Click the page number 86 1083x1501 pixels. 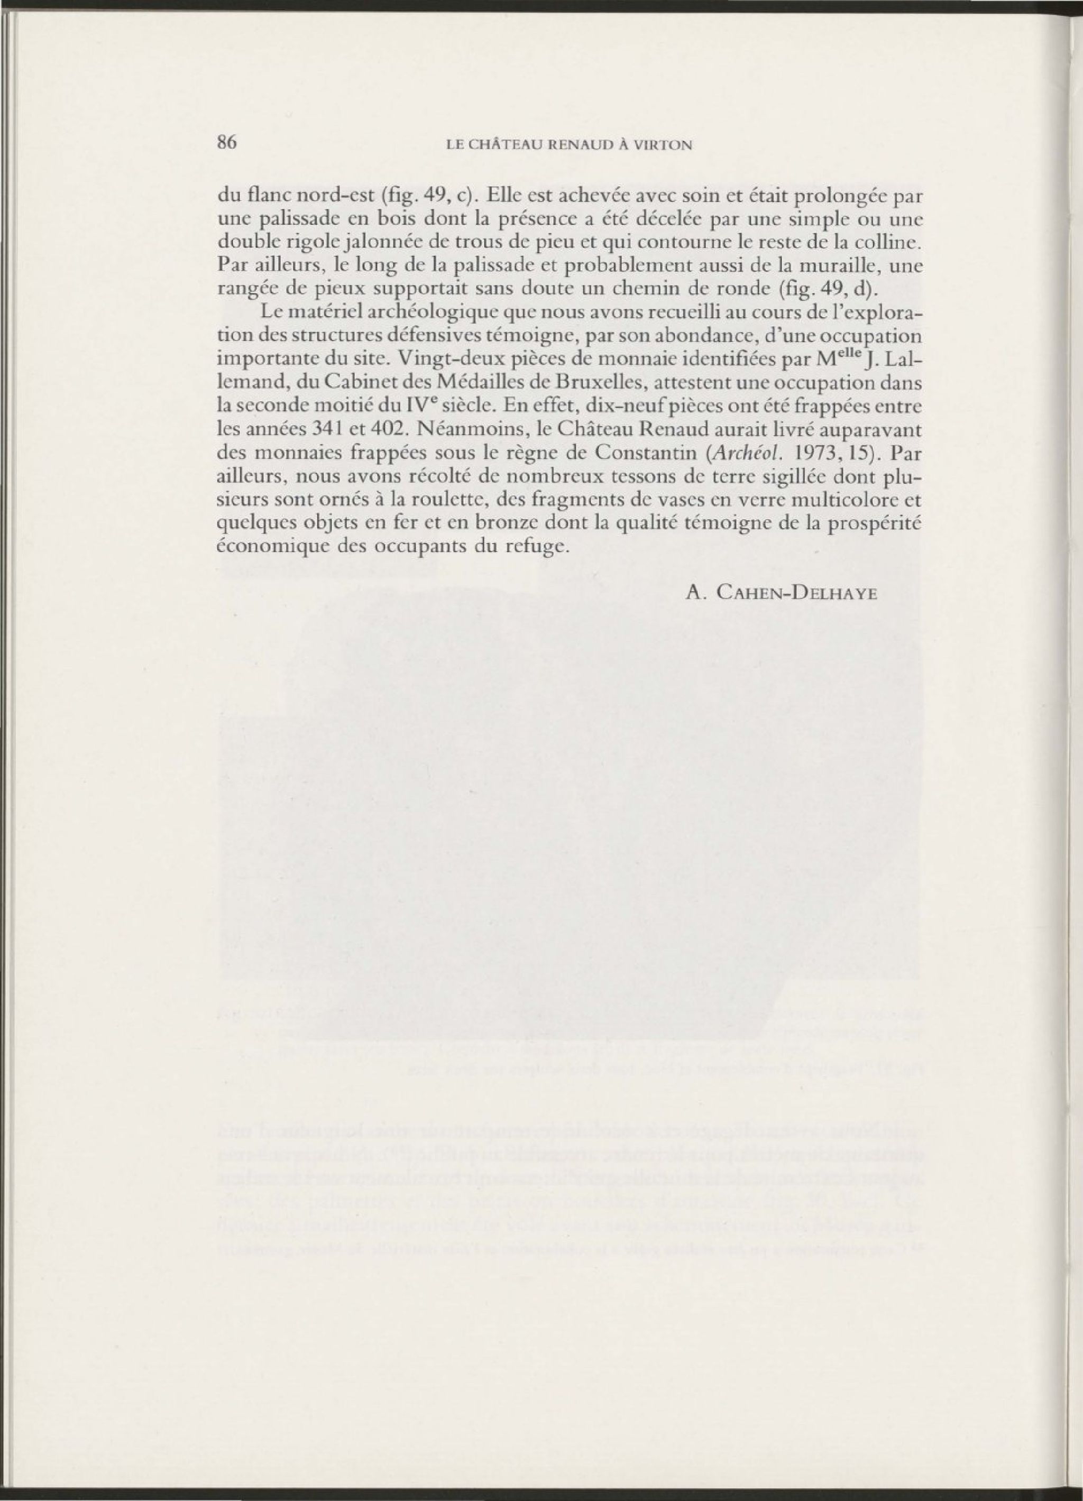pos(227,143)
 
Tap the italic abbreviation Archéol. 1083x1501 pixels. pos(746,452)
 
